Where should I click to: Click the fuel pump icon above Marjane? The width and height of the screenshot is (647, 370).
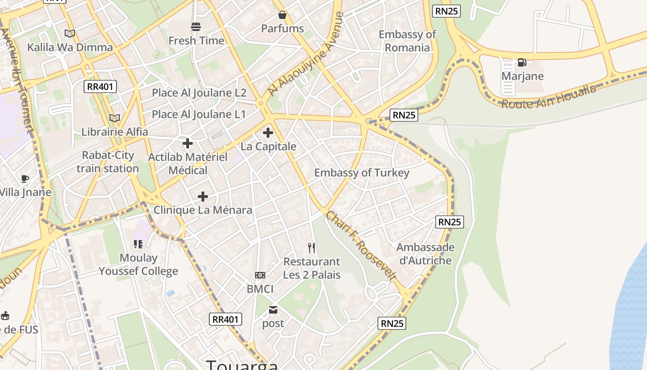pos(522,62)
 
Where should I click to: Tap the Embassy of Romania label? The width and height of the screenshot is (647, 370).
pos(407,41)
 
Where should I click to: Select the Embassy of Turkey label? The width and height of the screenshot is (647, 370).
pos(362,173)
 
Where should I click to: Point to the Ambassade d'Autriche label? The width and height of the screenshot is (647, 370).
pos(425,254)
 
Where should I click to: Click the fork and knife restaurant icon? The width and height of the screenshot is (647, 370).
pos(311,248)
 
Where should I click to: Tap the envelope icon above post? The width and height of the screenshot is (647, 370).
pos(274,309)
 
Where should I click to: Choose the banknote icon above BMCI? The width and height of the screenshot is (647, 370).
pos(260,275)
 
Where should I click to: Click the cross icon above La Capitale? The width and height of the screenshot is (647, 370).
pos(268,133)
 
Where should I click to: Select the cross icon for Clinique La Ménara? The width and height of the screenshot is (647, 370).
pos(203,197)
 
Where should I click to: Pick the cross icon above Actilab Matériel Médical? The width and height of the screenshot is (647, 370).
pos(188,143)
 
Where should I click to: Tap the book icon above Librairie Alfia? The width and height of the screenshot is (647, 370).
pos(115,118)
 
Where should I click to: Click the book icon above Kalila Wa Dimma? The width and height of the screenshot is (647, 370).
pos(70,33)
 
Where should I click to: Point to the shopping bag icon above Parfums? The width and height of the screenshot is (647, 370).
pos(282,15)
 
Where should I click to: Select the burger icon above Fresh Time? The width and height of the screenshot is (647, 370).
pos(196,27)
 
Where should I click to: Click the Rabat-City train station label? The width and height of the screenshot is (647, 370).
pos(108,162)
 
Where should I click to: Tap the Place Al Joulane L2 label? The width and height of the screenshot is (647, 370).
pos(199,92)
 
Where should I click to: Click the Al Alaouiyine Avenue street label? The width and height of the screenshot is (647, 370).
pos(306,54)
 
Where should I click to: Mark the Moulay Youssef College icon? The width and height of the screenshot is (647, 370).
pos(138,244)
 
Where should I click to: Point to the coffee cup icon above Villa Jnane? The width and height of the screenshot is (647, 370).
pos(25,179)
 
